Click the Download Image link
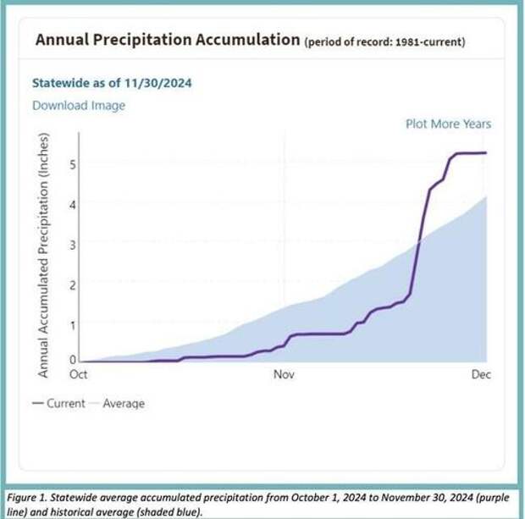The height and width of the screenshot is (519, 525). point(79,105)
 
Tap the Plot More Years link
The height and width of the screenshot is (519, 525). point(448,124)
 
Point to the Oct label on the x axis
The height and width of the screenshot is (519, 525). point(78,373)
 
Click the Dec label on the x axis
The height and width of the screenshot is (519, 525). point(480,373)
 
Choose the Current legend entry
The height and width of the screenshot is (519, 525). point(59,403)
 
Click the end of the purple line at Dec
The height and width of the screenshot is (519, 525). point(486,152)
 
